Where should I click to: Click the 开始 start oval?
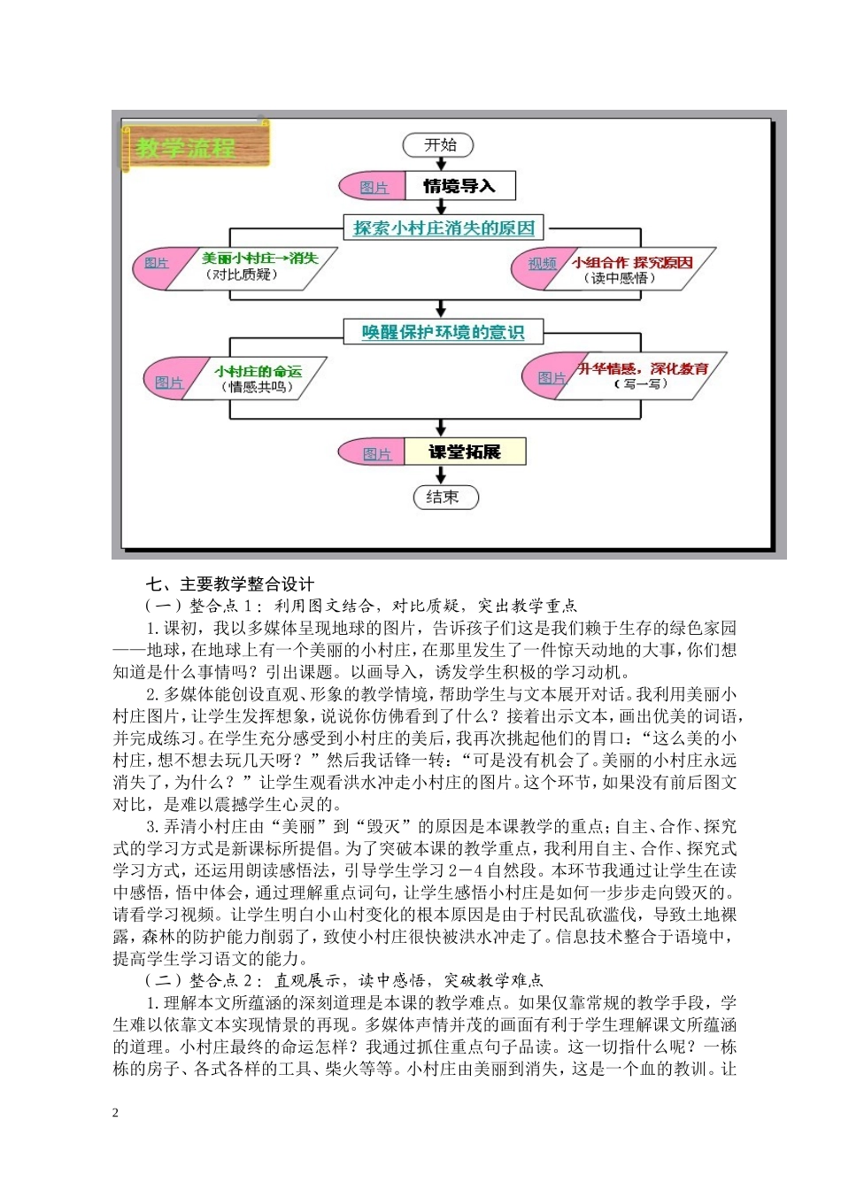tap(439, 144)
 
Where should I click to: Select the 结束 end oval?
tap(445, 497)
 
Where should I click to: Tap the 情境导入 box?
tap(459, 186)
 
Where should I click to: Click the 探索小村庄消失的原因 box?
tap(444, 228)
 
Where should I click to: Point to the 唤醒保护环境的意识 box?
tap(443, 332)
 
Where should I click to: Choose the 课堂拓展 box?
tap(465, 452)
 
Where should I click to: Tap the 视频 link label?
tap(542, 263)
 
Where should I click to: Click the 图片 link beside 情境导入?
tap(374, 187)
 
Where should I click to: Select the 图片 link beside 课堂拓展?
tap(377, 453)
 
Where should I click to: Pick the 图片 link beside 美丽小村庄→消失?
tap(157, 263)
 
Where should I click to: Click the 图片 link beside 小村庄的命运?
tap(168, 382)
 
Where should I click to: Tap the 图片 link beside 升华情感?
tap(552, 377)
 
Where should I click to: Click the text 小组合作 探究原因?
tap(632, 262)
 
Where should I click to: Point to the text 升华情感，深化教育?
tap(643, 368)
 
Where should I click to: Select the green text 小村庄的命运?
tap(258, 371)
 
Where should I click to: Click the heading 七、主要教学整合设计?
tap(229, 584)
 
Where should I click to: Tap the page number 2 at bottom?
tap(115, 1113)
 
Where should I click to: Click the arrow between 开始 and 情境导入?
tap(442, 163)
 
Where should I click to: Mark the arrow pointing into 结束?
tap(442, 476)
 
